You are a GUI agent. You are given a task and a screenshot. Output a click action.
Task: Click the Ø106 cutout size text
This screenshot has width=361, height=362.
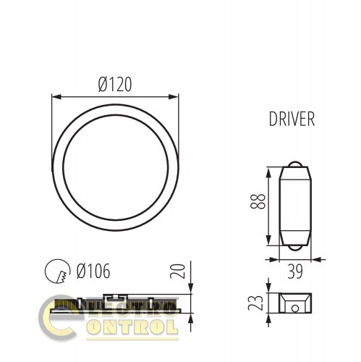coord(90,272)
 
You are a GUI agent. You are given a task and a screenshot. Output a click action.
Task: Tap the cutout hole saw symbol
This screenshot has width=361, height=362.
coord(56,272)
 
